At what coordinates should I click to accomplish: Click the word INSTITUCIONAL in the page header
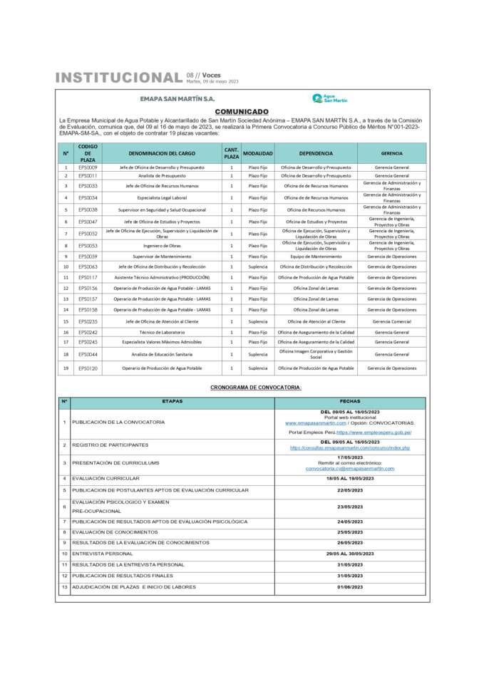[x=118, y=78]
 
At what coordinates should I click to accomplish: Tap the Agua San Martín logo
[x=329, y=98]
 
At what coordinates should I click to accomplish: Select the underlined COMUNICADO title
[x=242, y=112]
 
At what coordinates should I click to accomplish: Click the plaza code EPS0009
[x=88, y=167]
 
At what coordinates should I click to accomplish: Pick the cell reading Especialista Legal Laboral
[x=163, y=197]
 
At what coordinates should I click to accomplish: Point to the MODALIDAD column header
[x=258, y=153]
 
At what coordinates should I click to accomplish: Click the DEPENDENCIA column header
[x=316, y=153]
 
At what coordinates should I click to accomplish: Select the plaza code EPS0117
[x=88, y=277]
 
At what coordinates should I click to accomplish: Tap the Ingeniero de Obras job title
[x=163, y=245]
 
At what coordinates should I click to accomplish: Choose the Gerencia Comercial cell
[x=391, y=321]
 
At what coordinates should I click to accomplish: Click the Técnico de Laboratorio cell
[x=163, y=332]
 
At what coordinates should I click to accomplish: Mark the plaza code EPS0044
[x=88, y=354]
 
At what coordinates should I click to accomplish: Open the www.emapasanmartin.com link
[x=310, y=423]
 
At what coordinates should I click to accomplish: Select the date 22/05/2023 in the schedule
[x=349, y=490]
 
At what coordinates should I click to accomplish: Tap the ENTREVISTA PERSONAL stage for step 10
[x=103, y=553]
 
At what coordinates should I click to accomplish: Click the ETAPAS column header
[x=172, y=402]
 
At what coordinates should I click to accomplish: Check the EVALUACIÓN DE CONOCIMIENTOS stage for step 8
[x=115, y=532]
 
